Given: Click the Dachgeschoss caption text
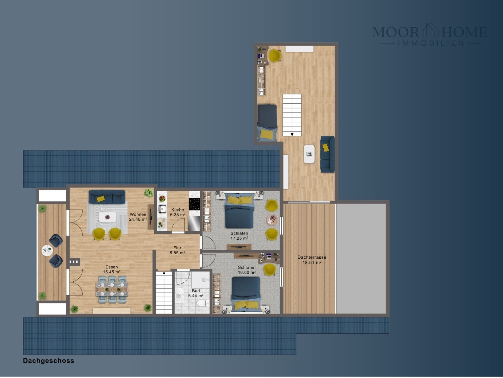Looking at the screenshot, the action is [x=48, y=361].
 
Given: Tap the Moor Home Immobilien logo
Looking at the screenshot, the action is [x=430, y=35].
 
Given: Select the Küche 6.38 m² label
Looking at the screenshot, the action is [x=178, y=212].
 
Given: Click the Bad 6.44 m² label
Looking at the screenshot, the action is [x=196, y=293].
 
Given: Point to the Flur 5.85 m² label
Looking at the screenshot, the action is [x=178, y=250].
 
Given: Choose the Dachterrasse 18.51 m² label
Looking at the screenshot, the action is [x=312, y=260].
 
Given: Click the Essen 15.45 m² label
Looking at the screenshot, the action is [x=112, y=270].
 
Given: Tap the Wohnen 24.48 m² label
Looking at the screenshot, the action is [x=138, y=217].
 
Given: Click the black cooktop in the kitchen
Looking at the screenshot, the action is [x=194, y=204].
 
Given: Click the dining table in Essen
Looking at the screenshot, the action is [x=112, y=289].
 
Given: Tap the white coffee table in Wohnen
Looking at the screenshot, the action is [x=108, y=217].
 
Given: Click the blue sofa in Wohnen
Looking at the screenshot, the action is [x=107, y=197].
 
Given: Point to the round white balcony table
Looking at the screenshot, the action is [x=47, y=250].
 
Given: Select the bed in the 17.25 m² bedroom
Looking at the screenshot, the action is [x=239, y=210].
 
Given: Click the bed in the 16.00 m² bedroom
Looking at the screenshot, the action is [x=246, y=294].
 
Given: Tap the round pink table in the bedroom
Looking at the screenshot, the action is [x=272, y=220].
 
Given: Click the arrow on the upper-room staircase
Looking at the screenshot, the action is [x=292, y=134].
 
